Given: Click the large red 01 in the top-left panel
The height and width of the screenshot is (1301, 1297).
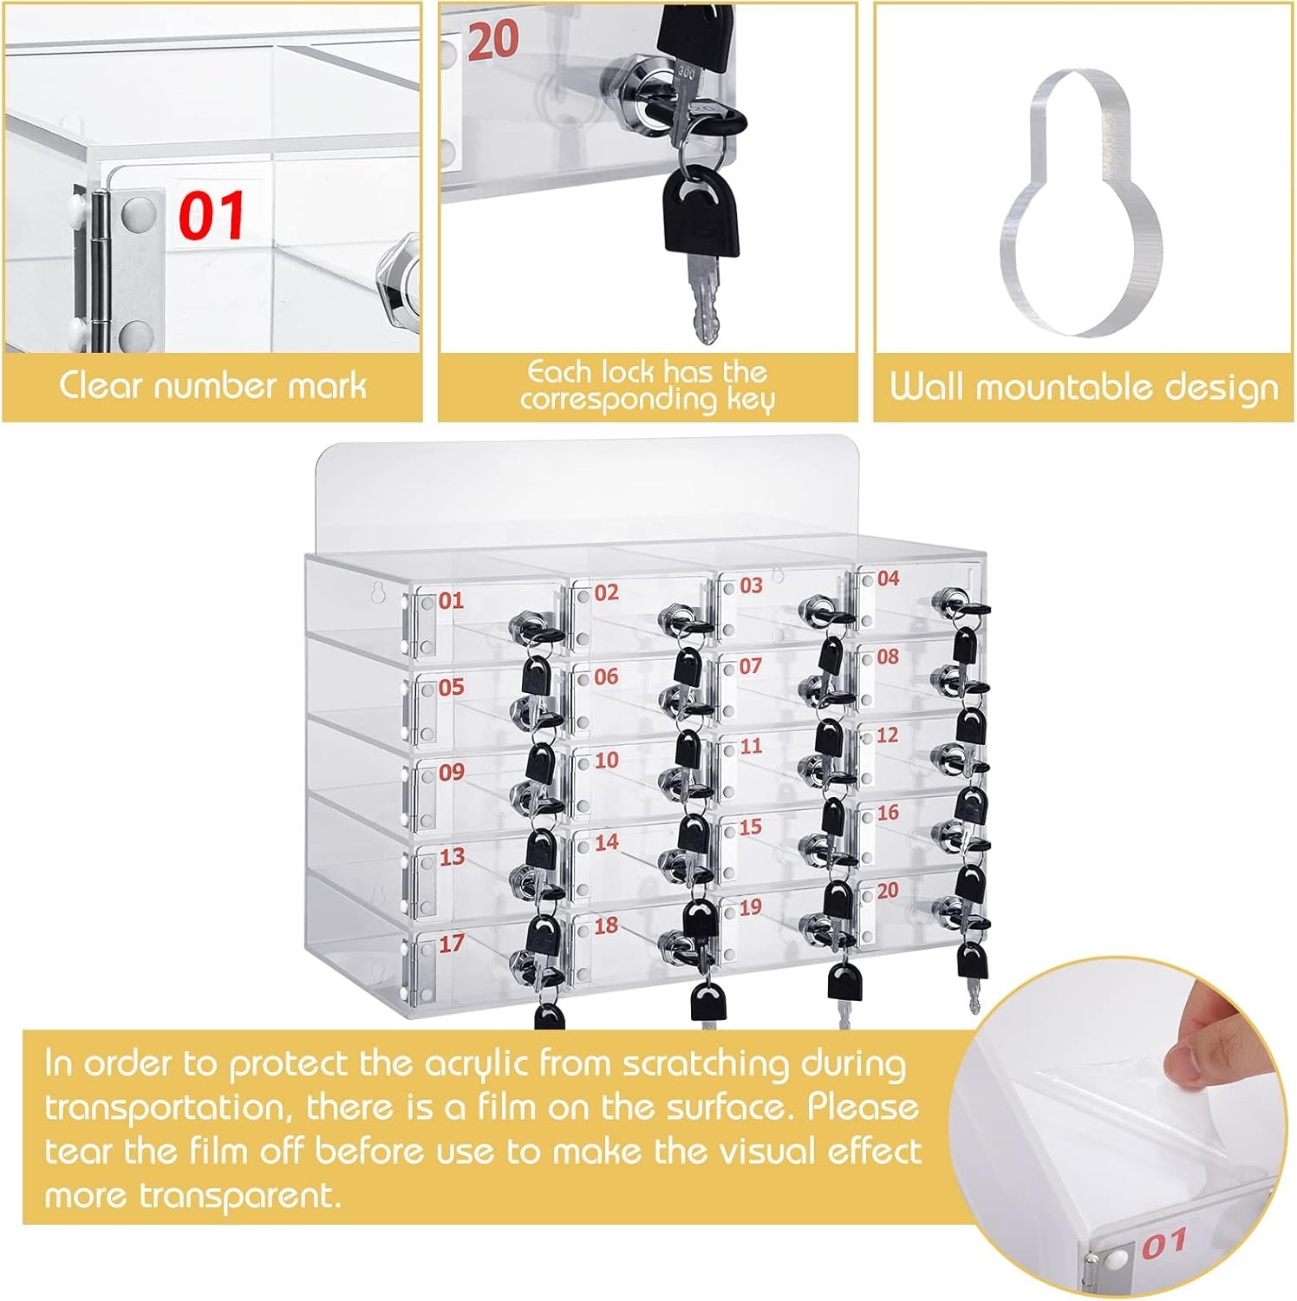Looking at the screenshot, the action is [x=212, y=216].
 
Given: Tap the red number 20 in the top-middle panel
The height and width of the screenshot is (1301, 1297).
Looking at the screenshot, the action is [x=493, y=40].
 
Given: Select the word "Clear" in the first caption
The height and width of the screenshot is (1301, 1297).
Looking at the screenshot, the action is [x=99, y=384].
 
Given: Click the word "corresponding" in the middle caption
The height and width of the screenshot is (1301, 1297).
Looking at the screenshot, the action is [x=618, y=400].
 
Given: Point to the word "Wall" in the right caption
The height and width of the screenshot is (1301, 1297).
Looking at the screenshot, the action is [x=927, y=386].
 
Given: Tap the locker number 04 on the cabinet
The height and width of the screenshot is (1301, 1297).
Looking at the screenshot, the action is [x=888, y=579].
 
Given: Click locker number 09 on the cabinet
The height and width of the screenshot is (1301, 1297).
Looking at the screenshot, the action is [x=451, y=772].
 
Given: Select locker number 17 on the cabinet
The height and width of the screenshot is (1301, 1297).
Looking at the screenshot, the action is [x=451, y=944].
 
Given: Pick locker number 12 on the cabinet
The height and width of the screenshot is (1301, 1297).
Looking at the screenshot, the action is [x=887, y=735].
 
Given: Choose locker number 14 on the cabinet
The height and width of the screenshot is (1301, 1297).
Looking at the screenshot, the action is [x=606, y=842].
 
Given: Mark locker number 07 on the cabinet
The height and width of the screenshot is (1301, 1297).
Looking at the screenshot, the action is [x=750, y=667].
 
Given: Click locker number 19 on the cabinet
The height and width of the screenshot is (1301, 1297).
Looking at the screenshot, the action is [x=750, y=908].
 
